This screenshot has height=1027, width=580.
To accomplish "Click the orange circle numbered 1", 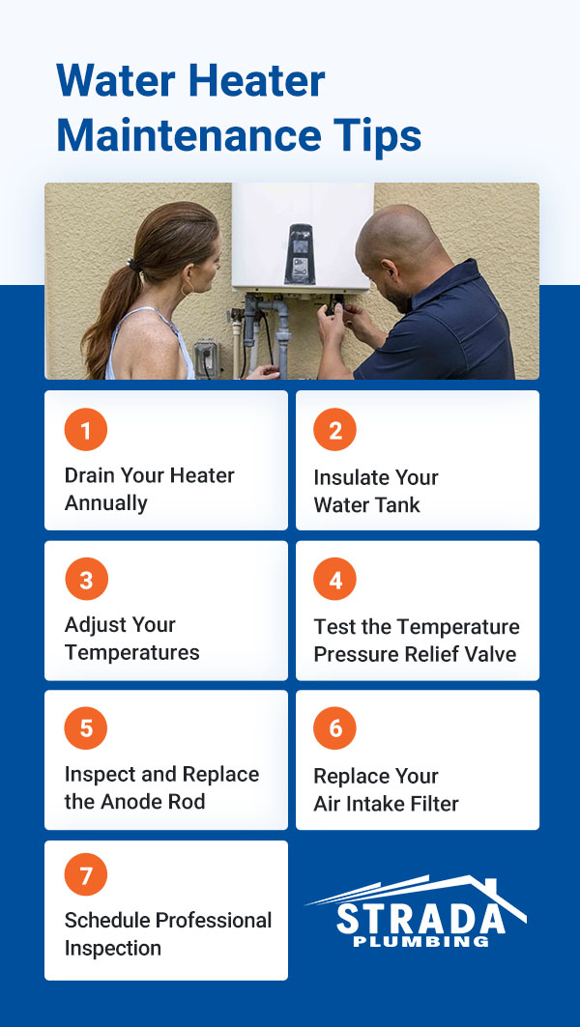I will tap(86, 430).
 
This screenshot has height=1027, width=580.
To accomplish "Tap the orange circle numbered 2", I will tap(335, 430).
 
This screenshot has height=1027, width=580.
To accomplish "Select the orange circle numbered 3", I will tap(86, 580).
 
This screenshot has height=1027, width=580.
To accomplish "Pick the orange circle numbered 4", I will tap(335, 580).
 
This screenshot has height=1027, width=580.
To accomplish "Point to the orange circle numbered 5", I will tap(86, 728).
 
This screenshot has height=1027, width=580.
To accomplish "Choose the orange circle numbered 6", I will tap(335, 728).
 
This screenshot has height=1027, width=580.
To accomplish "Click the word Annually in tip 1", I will tap(106, 503).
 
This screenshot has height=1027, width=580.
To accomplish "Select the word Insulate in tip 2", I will tap(349, 477).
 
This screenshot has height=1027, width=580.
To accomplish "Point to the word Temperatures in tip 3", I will tap(132, 653).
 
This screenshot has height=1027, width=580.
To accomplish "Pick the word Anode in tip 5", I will tap(134, 802).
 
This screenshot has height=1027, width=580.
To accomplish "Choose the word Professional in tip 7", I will tap(209, 921).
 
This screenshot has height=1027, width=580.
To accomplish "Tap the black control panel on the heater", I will tap(301, 254).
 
